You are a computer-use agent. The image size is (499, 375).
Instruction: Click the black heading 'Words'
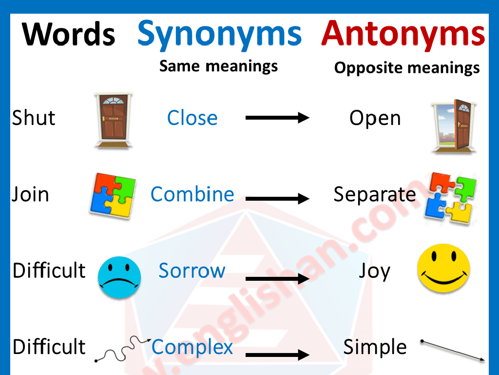(69, 35)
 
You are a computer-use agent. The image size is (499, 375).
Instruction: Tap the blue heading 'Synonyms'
(219, 33)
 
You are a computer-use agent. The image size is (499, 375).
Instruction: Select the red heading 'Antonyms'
(403, 33)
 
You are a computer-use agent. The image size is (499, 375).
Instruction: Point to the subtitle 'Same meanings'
(218, 66)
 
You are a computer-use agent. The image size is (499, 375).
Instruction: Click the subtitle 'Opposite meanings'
(406, 68)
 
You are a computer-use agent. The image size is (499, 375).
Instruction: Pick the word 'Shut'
(34, 118)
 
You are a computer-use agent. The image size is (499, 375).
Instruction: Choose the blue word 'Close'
(192, 118)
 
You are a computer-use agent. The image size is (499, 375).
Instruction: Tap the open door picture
(453, 125)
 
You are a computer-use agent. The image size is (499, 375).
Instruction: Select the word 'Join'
(30, 194)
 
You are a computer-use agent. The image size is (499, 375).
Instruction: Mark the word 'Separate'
(374, 194)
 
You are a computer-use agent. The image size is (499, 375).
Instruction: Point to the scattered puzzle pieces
(450, 197)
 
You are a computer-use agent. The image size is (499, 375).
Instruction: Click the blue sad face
(119, 278)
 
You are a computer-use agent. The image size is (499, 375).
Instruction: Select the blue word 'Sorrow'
(192, 271)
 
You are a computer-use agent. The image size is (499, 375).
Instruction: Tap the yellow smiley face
(443, 268)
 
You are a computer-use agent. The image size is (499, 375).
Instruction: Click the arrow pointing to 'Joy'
(277, 279)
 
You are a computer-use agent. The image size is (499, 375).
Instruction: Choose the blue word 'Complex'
(192, 347)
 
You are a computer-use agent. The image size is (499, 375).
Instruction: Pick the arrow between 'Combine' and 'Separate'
(277, 198)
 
